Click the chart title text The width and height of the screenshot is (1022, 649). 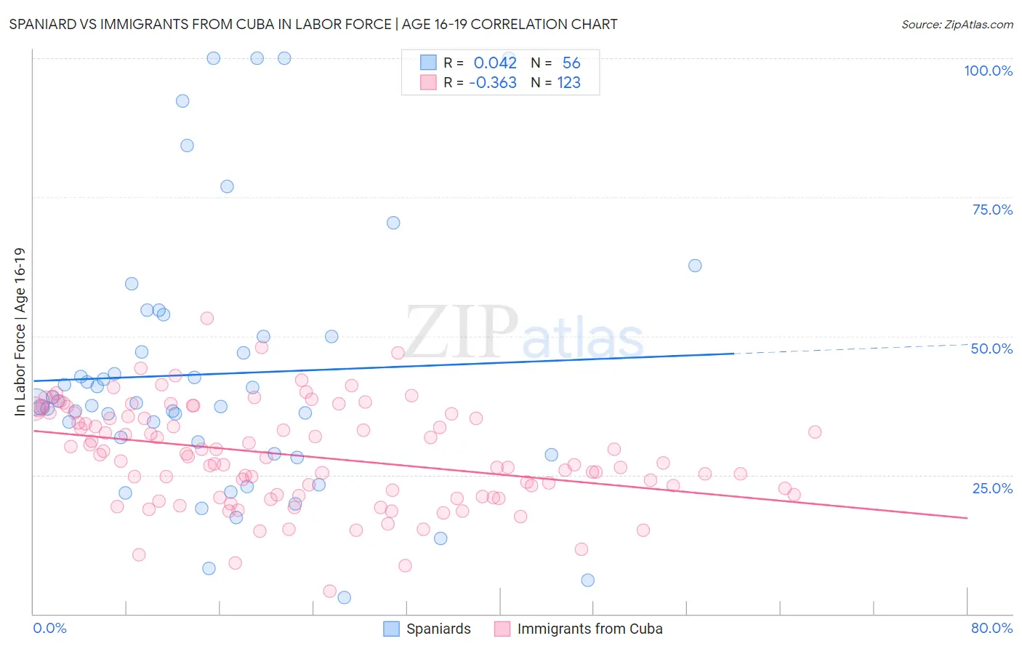pos(313,24)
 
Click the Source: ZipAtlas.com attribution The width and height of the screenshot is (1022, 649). pos(957,24)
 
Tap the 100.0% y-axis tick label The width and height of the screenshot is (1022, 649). pos(988,71)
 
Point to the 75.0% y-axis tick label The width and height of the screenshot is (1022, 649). pos(992,210)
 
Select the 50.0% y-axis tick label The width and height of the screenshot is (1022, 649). pos(991,349)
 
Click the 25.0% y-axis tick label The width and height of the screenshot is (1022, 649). pos(992,487)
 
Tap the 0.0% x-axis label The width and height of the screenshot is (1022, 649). pos(49,628)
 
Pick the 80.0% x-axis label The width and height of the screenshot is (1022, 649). pos(991,628)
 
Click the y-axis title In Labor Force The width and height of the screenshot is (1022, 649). pos(20,332)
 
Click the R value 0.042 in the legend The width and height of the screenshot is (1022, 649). pos(495,63)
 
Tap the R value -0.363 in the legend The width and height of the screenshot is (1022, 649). pos(493,83)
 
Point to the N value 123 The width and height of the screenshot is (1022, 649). pos(568,83)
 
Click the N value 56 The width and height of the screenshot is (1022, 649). pos(571,63)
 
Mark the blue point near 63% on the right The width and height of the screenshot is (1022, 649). pos(695,266)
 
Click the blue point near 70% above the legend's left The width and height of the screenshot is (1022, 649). pos(393,223)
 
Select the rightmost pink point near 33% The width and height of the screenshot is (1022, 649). pos(815,432)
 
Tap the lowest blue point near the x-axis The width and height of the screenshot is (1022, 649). pos(345,597)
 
